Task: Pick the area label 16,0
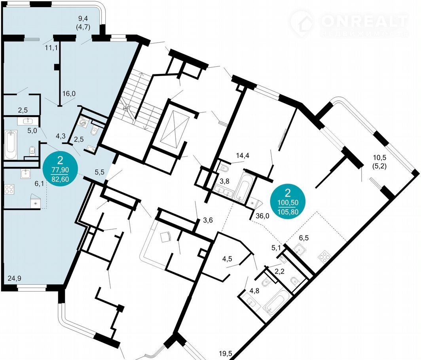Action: (68, 94)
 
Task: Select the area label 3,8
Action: (225, 182)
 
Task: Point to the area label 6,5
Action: (304, 238)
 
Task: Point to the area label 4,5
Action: (227, 260)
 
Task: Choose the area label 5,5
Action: (99, 172)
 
